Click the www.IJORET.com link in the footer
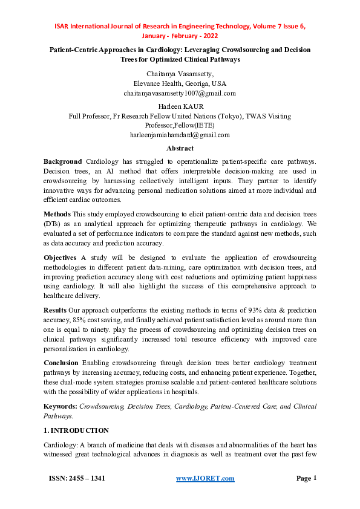[205, 479]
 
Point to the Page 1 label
[306, 479]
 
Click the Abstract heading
[180, 148]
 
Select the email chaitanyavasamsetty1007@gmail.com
[180, 94]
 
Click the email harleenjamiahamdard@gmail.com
[180, 135]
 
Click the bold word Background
[62, 162]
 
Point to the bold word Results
[55, 310]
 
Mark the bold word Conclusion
[61, 363]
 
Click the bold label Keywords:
[60, 407]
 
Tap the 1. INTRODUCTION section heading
[76, 430]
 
